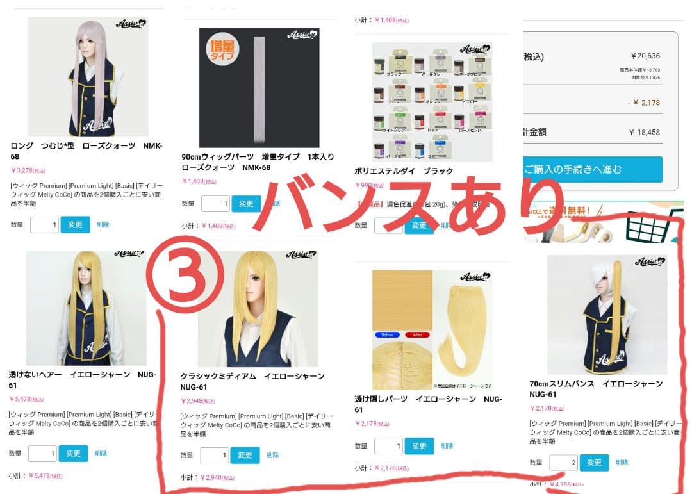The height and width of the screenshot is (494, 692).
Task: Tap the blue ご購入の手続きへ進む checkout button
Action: tap(593, 170)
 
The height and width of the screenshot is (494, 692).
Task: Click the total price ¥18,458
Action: tap(644, 133)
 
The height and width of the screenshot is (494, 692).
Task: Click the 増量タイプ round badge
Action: tap(222, 50)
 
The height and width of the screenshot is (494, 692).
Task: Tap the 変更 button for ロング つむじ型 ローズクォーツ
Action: tap(75, 225)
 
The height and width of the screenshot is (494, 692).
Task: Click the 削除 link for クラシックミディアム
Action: tap(272, 455)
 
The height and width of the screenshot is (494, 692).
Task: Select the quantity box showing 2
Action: tap(563, 463)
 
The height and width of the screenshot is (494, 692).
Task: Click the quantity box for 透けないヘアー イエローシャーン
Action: tap(42, 454)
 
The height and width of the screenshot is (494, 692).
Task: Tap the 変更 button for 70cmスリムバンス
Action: tap(594, 463)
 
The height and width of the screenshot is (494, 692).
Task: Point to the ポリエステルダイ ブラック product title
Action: tap(404, 171)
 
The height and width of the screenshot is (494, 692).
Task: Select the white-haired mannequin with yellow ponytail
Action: tap(606, 314)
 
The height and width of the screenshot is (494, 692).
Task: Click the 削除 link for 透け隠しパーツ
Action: tap(447, 446)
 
